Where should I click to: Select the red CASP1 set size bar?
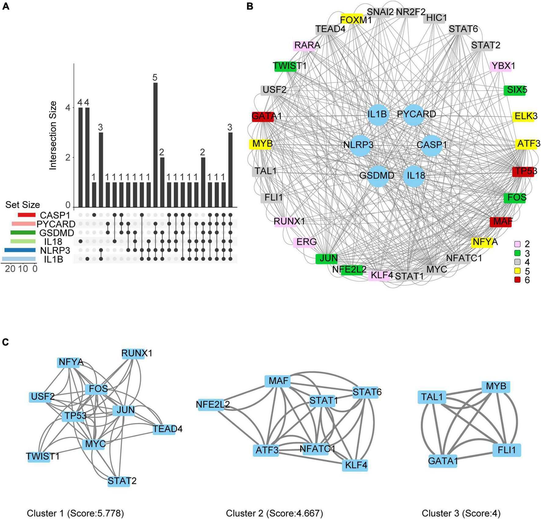27,215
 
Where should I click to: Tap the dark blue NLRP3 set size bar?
20,250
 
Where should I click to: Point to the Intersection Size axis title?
53,135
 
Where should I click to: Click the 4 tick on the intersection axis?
68,108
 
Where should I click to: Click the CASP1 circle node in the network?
431,145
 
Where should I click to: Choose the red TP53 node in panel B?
523,171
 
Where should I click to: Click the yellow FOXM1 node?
352,20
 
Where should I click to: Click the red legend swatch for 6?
517,280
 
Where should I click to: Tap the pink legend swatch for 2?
517,244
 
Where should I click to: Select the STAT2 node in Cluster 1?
119,481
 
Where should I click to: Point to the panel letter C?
5,342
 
